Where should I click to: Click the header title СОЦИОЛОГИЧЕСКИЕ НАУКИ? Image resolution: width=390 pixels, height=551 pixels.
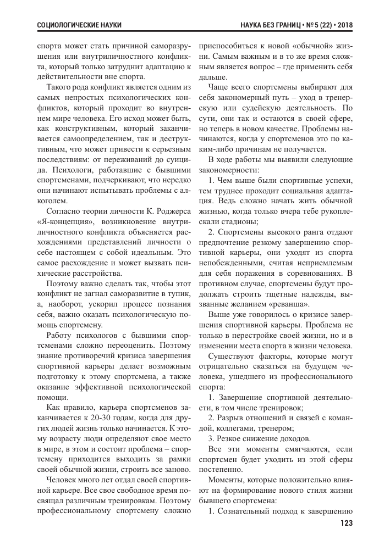79,25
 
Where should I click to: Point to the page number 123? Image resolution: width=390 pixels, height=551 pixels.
347,523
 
